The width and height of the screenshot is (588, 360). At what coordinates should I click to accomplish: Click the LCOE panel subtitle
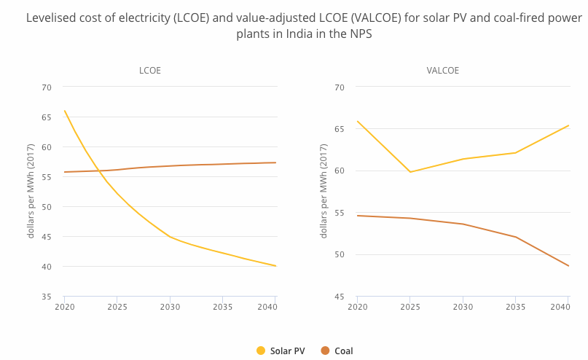[x=150, y=71]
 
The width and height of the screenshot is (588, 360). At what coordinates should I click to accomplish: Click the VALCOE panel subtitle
[x=442, y=71]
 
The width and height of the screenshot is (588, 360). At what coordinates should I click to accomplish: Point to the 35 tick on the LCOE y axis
[x=47, y=297]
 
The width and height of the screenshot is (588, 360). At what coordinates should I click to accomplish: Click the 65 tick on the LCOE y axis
[x=47, y=117]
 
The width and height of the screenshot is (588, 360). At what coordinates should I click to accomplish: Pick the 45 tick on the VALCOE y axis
[x=340, y=297]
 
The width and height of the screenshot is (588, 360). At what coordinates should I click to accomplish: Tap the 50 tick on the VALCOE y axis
[x=340, y=254]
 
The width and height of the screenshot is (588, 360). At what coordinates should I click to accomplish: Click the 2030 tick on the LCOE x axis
[x=170, y=307]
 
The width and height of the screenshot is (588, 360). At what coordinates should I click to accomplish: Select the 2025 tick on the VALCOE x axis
[x=410, y=307]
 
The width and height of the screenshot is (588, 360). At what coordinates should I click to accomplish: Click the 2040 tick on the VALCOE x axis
[x=560, y=307]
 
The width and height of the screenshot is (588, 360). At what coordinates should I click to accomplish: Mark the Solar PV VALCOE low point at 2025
[x=410, y=172]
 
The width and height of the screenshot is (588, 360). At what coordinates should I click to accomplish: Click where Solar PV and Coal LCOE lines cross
[x=99, y=171]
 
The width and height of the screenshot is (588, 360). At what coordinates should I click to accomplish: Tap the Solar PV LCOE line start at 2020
[x=65, y=111]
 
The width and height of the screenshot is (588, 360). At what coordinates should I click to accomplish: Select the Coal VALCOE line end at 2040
[x=568, y=266]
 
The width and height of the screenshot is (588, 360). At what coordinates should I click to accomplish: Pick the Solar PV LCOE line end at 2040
[x=276, y=266]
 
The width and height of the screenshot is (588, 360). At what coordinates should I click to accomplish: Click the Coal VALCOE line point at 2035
[x=516, y=237]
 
